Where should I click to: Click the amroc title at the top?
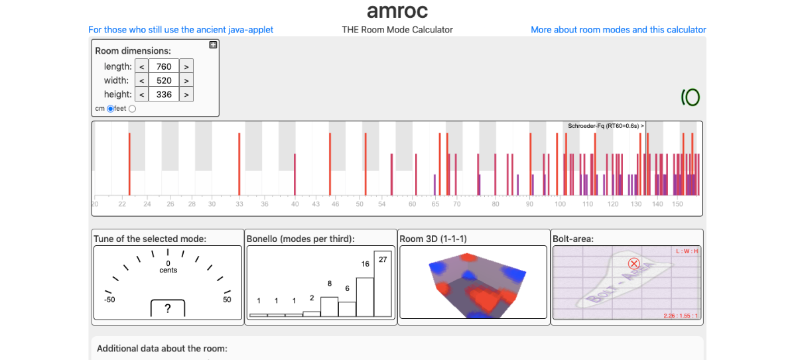click(x=397, y=11)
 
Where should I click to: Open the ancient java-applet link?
click(x=180, y=30)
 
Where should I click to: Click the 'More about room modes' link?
click(x=618, y=30)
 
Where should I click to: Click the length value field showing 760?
click(x=164, y=66)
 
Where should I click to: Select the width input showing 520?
click(x=164, y=80)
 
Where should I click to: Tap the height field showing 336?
click(x=164, y=94)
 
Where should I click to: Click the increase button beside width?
click(x=186, y=80)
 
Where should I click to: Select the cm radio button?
click(x=110, y=109)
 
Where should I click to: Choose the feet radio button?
click(x=132, y=109)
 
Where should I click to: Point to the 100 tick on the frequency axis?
click(x=561, y=204)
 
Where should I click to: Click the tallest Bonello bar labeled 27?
click(x=383, y=284)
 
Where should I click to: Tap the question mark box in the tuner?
click(x=168, y=308)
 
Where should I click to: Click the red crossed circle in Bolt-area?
click(x=633, y=263)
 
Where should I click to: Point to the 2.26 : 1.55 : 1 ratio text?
click(x=681, y=316)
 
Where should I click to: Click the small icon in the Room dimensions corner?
click(x=213, y=45)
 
